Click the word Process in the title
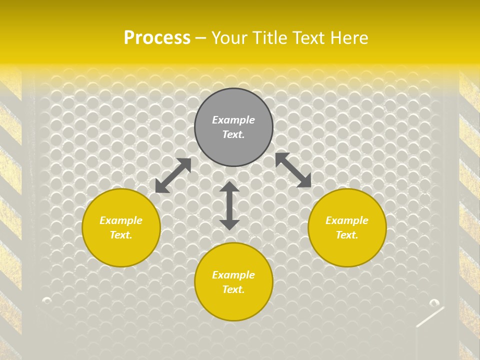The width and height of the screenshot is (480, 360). (157, 37)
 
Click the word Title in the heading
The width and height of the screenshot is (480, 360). (269, 38)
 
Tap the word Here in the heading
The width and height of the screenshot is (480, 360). (348, 38)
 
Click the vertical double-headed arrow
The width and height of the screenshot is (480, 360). (229, 206)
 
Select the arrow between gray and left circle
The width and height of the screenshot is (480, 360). (173, 175)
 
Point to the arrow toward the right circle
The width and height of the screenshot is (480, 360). (293, 170)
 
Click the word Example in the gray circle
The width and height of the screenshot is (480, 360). (233, 120)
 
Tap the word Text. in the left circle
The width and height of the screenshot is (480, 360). (121, 235)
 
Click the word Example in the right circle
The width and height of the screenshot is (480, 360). (347, 220)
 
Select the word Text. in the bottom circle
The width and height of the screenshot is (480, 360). (233, 289)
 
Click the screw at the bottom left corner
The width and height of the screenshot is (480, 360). (47, 300)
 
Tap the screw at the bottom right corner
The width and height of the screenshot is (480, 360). (434, 302)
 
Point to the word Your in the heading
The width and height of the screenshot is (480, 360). (228, 38)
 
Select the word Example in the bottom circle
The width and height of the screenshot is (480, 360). (233, 275)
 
